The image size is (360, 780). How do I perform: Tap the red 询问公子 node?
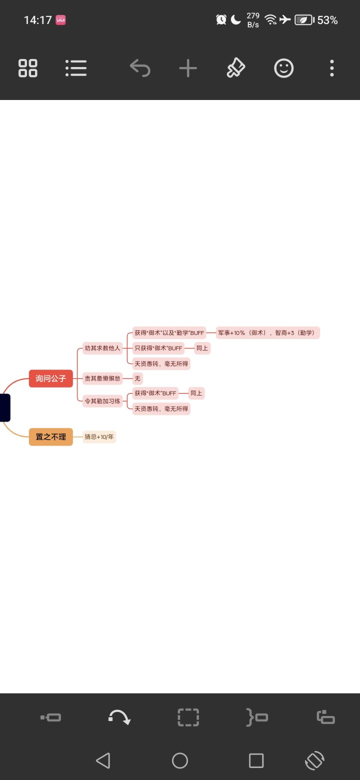(51, 378)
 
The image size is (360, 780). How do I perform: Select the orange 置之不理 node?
(51, 436)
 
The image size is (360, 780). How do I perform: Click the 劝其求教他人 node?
(102, 348)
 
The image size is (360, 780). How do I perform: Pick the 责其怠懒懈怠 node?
(102, 378)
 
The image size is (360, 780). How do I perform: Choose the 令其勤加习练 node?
(102, 401)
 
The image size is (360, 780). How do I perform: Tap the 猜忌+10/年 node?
(99, 436)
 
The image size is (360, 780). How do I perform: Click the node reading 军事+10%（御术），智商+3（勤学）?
(267, 333)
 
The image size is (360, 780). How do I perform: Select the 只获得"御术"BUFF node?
(158, 348)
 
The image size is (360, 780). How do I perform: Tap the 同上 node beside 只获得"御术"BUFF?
(202, 348)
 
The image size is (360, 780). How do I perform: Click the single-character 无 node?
(137, 378)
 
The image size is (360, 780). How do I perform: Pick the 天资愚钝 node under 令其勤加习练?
(161, 409)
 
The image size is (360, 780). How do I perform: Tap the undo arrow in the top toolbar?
(140, 68)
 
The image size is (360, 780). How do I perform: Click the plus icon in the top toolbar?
(188, 68)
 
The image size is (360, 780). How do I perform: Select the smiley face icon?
(284, 68)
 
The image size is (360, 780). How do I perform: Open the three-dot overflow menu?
(332, 68)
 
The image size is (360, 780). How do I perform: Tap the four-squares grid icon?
(28, 68)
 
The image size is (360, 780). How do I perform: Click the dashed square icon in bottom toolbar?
(188, 717)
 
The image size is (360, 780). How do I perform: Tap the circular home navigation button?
(180, 760)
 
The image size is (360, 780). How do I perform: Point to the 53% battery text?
(327, 20)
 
